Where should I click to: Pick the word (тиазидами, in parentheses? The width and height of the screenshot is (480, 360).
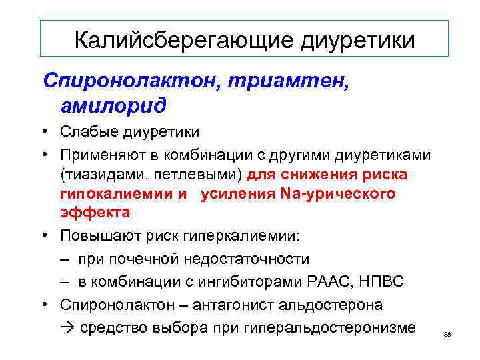pos(97,175)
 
